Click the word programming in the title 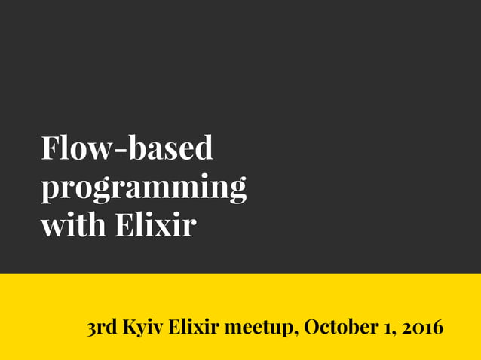143,188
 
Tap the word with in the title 73,225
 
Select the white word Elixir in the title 155,225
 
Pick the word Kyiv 142,329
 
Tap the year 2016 422,328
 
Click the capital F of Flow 51,148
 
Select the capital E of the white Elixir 124,225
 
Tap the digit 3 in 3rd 91,329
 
